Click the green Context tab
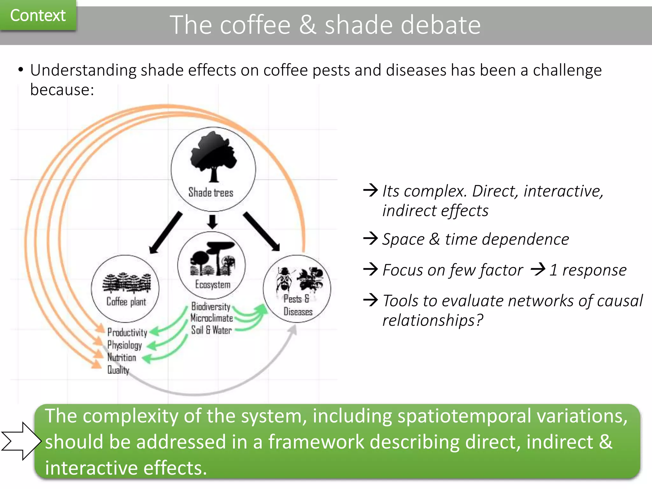pyautogui.click(x=38, y=15)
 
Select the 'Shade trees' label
pyautogui.click(x=211, y=193)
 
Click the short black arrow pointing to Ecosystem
pyautogui.click(x=212, y=222)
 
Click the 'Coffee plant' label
pyautogui.click(x=126, y=301)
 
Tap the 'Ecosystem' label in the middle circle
pyautogui.click(x=213, y=284)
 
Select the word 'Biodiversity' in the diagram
pyautogui.click(x=211, y=306)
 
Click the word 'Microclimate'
pyautogui.click(x=212, y=318)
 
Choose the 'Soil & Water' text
pyautogui.click(x=211, y=330)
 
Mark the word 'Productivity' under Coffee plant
pyautogui.click(x=127, y=332)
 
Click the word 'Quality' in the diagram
pyautogui.click(x=118, y=370)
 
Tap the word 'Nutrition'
pyautogui.click(x=122, y=358)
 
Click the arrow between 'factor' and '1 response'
pyautogui.click(x=538, y=269)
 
